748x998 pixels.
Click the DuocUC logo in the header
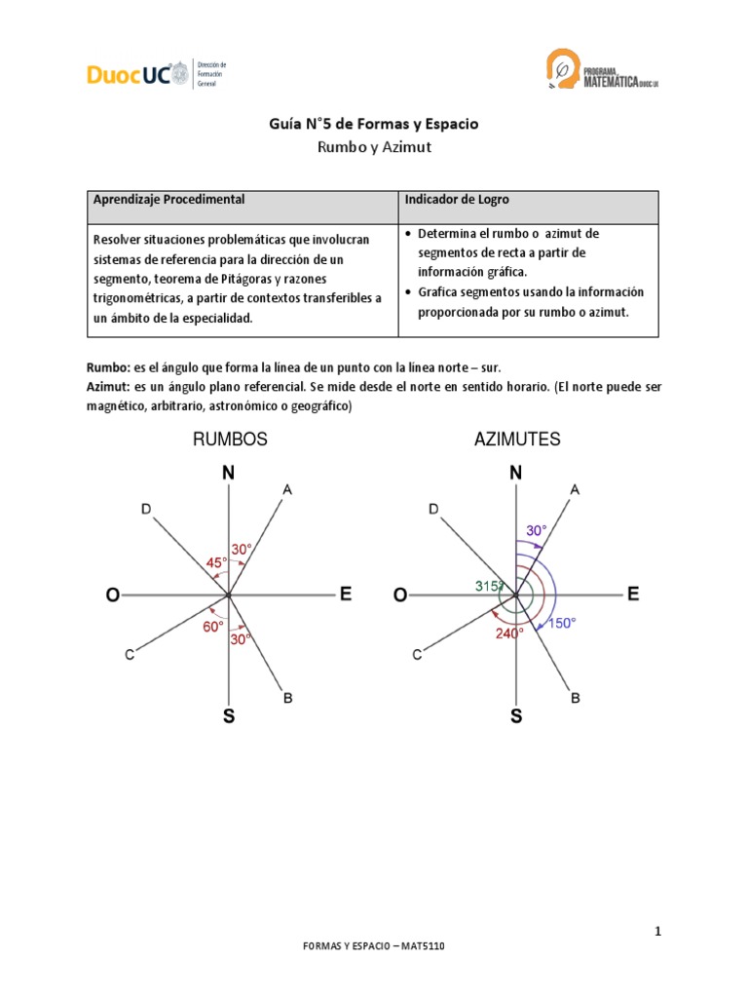coord(130,74)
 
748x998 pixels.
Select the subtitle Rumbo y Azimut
coord(373,148)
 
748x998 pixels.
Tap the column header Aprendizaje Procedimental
coord(168,200)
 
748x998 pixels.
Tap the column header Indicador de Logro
coord(457,200)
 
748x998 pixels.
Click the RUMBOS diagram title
coord(230,440)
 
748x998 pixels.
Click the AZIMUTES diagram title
coord(517,440)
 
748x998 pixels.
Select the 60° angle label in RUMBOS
coord(213,627)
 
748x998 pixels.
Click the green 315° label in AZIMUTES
coord(489,586)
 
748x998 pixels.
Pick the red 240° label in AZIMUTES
coord(509,632)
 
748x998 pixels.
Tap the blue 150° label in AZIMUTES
coord(561,624)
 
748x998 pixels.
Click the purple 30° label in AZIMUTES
coord(537,530)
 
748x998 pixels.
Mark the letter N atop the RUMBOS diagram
coord(228,474)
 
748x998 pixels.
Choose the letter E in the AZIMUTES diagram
coord(633,594)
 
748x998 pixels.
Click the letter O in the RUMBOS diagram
coord(113,595)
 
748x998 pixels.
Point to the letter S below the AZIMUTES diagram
coord(516,716)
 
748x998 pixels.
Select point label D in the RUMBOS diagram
coord(146,509)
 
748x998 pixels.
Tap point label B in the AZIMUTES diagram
coord(576,698)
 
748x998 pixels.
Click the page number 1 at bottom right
coord(658,932)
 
